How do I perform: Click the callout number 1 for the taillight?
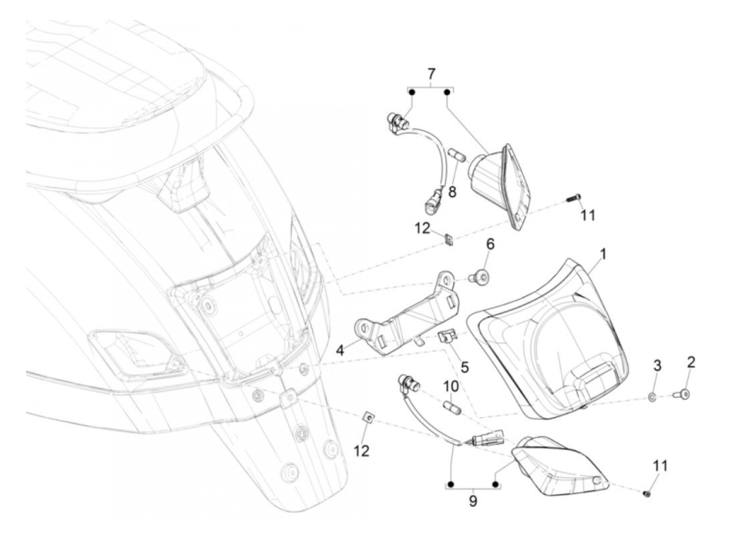coord(603,254)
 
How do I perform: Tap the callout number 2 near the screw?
coord(691,362)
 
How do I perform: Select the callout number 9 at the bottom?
coord(473,501)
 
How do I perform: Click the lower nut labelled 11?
coord(647,493)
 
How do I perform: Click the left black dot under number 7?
coord(412,92)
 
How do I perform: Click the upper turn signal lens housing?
coord(498,178)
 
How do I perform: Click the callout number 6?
coord(490,245)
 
